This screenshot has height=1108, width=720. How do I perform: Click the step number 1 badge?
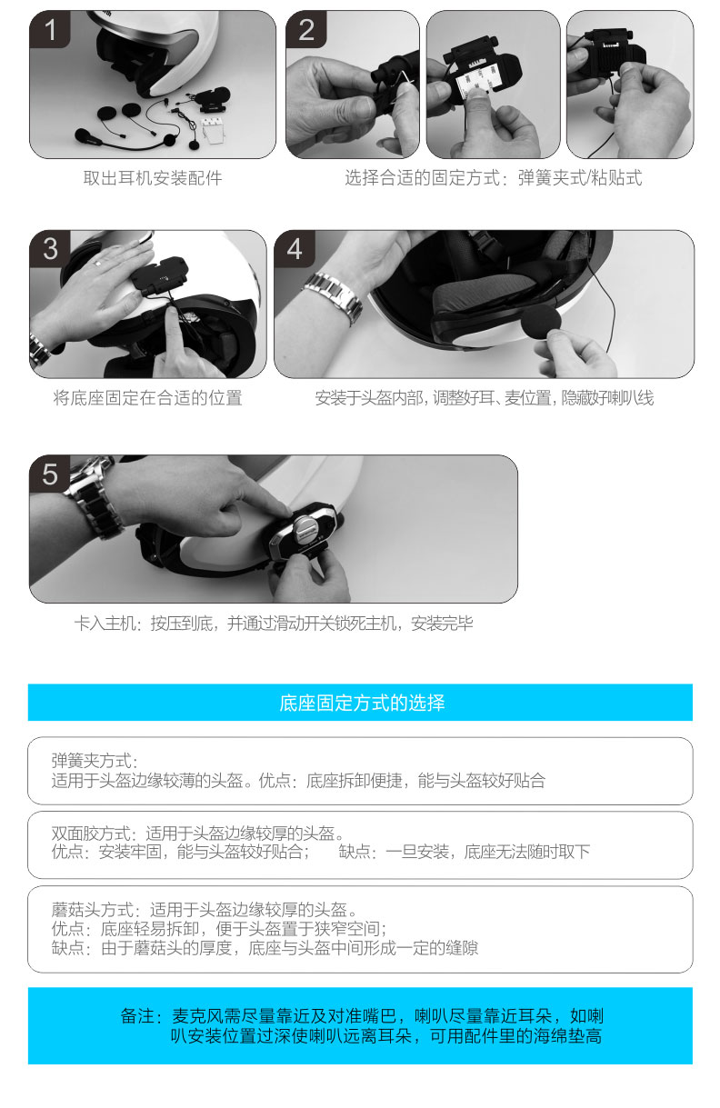(x=49, y=30)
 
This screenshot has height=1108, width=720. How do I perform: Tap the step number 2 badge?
(x=305, y=30)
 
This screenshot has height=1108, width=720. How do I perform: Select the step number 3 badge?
(x=49, y=249)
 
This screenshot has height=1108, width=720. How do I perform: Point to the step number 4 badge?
(x=295, y=249)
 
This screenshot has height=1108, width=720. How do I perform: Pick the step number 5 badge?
(x=49, y=474)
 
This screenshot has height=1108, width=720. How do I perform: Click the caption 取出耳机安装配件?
(x=153, y=178)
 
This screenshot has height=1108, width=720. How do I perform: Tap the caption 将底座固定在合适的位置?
(x=147, y=398)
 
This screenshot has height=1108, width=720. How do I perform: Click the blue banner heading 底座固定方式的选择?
(x=362, y=703)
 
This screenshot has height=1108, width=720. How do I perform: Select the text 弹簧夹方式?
(x=91, y=761)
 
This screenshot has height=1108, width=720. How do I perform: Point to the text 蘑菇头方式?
(x=92, y=910)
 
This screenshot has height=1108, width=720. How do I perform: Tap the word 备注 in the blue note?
(x=137, y=1016)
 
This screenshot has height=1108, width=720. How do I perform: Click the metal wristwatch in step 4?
(x=334, y=298)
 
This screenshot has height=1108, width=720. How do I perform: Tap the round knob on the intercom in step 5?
(x=305, y=525)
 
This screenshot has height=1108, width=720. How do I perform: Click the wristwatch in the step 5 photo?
(x=93, y=497)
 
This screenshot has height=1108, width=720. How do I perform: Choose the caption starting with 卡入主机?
(x=274, y=624)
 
